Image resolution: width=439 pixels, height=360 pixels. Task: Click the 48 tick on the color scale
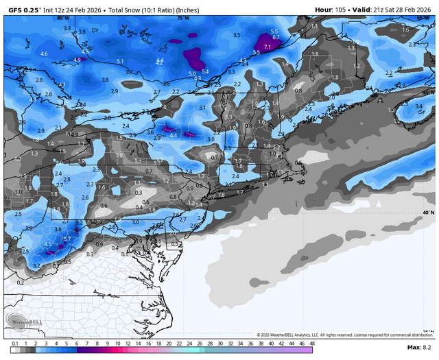click(312, 342)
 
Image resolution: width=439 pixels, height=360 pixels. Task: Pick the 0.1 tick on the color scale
click(14, 342)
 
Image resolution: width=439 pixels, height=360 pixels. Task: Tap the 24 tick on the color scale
click(189, 342)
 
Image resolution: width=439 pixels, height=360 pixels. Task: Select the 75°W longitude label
click(182, 18)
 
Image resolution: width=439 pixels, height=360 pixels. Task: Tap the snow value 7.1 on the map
click(268, 47)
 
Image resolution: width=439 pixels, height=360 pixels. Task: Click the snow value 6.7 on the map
click(276, 37)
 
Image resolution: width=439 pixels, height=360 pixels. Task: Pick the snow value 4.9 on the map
click(77, 60)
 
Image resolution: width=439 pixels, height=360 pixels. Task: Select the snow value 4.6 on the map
click(44, 53)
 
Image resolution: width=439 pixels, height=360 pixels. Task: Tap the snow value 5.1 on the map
click(120, 62)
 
